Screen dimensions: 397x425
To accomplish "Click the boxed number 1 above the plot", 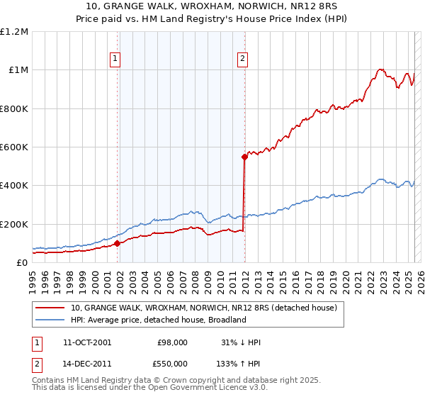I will (115, 60).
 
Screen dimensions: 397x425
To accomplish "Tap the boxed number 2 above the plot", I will (242, 60).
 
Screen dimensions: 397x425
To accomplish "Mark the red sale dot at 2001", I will (118, 243).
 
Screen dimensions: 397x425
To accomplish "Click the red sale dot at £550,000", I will (244, 157).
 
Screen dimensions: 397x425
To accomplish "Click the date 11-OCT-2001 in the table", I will (87, 342).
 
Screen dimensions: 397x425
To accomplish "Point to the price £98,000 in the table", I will (173, 342).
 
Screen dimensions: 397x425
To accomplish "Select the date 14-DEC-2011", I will (87, 362).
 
